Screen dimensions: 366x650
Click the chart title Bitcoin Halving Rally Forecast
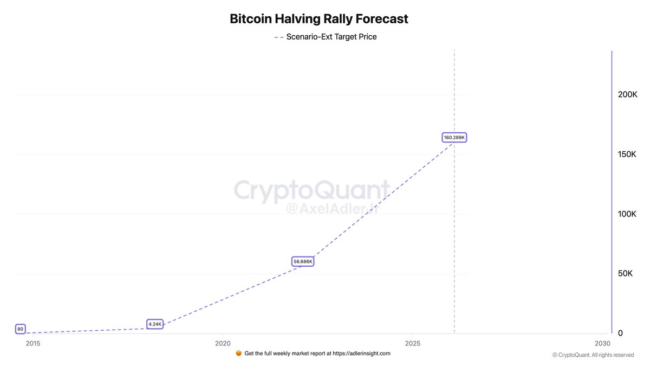point(319,19)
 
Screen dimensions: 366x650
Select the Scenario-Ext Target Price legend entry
point(325,37)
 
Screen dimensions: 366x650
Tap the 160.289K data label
point(454,138)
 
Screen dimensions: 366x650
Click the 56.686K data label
point(303,261)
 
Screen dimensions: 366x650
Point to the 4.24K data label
point(155,324)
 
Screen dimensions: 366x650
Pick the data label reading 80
point(20,329)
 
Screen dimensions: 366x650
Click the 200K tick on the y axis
point(628,94)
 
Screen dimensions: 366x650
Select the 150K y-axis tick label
point(628,154)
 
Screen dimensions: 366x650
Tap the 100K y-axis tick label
point(628,214)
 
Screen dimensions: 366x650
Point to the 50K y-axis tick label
point(626,273)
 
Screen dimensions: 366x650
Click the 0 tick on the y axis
point(621,333)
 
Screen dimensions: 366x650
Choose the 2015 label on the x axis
point(32,344)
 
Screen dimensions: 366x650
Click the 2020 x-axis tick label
point(223,344)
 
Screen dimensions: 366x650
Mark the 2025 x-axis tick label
point(413,344)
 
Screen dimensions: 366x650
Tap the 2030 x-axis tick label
point(602,344)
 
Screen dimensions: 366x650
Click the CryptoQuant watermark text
point(311,191)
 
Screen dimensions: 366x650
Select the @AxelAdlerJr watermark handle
point(331,209)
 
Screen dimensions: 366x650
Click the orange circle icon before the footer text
point(239,353)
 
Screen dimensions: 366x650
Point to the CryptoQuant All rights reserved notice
point(593,355)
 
